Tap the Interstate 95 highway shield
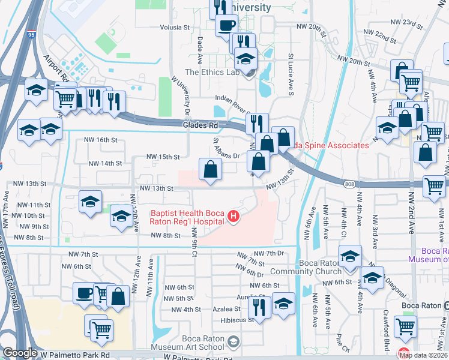coord(31,35)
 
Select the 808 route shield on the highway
coord(351,183)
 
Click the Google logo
coord(20,353)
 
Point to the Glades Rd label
coord(200,125)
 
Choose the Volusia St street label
coord(175,28)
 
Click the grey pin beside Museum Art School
coord(234,341)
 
